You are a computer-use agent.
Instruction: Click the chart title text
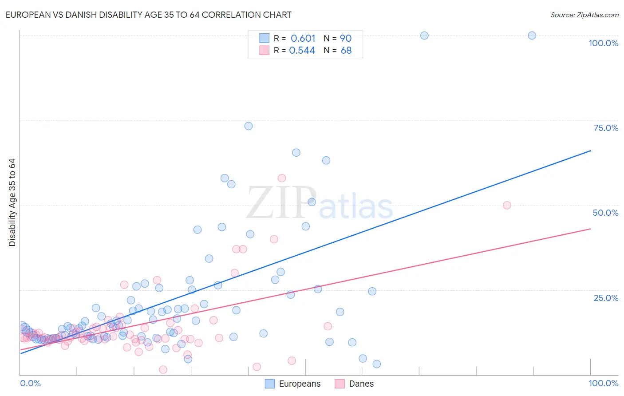148,15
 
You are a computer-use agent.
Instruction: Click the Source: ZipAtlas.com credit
584,15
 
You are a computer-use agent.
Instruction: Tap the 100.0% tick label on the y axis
603,43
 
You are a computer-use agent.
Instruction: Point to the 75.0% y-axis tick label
606,128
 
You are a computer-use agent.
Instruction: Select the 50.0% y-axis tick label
605,213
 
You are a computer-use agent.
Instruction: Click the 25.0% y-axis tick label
606,298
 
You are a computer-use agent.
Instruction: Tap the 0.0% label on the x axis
30,383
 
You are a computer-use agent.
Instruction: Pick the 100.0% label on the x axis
603,383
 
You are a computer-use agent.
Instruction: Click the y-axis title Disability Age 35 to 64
12,202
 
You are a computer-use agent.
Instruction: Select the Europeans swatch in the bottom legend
270,384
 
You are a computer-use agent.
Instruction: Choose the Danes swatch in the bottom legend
340,384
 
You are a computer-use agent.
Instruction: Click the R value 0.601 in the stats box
303,38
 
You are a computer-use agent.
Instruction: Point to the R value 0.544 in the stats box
302,51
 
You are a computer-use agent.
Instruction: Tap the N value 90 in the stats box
346,38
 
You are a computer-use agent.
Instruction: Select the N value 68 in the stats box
346,51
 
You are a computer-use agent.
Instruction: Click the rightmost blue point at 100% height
532,36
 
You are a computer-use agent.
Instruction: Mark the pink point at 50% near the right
507,205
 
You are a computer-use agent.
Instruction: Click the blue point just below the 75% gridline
249,126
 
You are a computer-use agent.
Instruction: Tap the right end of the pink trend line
590,229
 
